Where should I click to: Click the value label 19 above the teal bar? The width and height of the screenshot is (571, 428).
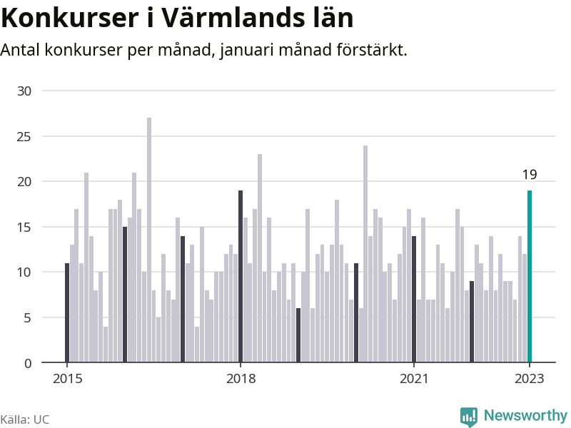[530, 175]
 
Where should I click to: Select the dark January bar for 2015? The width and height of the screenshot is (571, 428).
[67, 313]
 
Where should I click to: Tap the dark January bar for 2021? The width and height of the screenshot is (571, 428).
[414, 300]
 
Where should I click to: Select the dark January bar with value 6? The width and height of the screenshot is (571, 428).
[298, 335]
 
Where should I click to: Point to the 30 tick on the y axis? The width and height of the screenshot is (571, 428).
[25, 91]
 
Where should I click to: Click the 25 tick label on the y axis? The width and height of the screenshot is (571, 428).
[25, 136]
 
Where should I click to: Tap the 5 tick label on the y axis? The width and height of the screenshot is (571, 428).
[28, 317]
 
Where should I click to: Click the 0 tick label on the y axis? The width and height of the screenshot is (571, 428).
[28, 363]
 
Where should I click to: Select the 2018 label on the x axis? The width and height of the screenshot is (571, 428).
[241, 379]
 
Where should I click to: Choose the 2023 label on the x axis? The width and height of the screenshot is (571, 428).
[530, 379]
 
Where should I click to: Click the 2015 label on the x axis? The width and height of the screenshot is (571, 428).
[67, 379]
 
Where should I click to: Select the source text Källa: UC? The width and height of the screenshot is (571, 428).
[25, 419]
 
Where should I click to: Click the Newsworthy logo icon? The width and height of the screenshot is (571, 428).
[468, 416]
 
